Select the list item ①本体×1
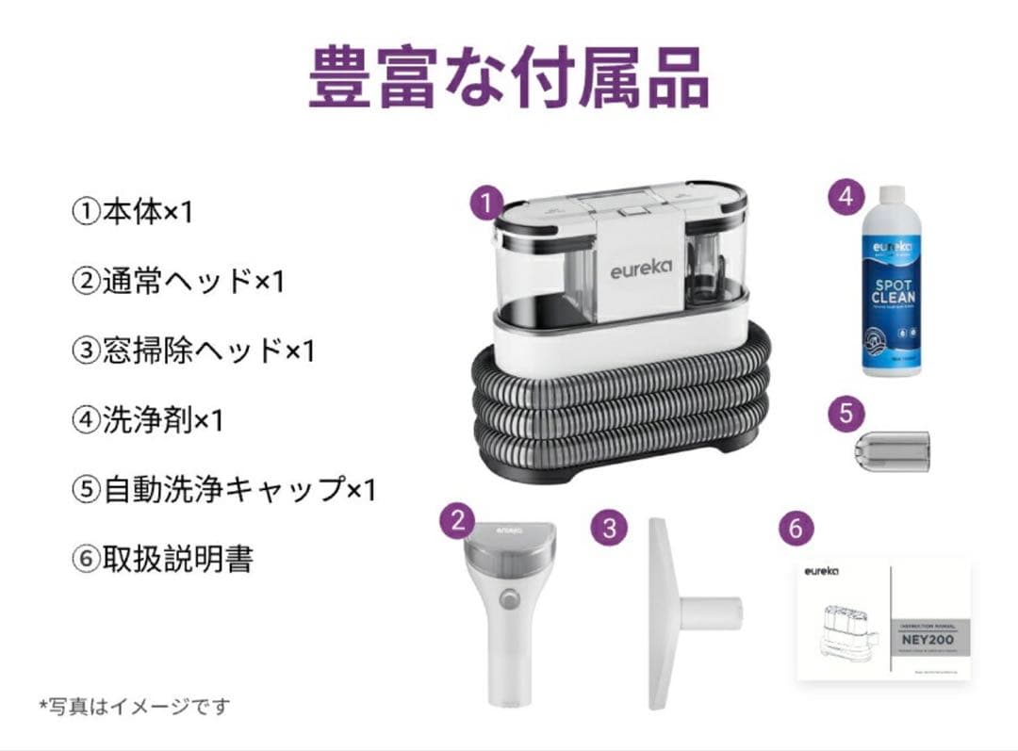132,212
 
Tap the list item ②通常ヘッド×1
177,281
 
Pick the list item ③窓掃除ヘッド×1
192,351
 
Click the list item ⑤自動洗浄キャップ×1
223,490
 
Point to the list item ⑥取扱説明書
162,560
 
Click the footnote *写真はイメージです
134,705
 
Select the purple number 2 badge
458,520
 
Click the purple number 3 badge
609,528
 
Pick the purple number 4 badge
846,197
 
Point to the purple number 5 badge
846,412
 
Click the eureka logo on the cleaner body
640,268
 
